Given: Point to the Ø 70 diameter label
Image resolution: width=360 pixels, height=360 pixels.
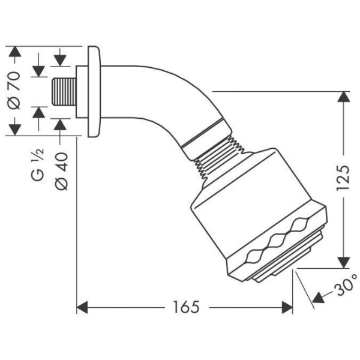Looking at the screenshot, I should [x=16, y=90].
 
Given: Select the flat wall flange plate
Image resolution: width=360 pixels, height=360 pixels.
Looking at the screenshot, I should [x=93, y=91].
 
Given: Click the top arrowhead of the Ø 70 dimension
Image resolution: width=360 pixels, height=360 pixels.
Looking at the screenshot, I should [x=16, y=52].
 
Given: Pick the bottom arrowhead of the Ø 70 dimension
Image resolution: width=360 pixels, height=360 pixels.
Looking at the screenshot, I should [x=16, y=128].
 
